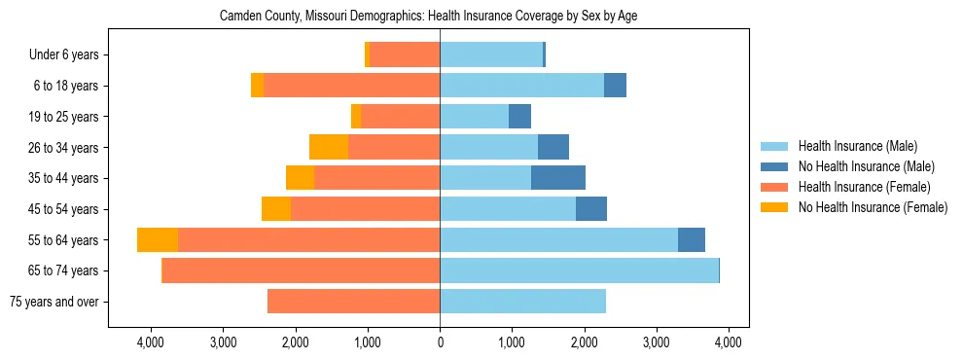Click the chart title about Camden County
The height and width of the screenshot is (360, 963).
point(428,17)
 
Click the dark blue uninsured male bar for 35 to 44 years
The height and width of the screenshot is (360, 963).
point(558,178)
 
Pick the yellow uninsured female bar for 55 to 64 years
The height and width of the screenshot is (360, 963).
point(158,240)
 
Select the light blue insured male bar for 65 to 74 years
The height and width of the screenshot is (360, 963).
point(579,270)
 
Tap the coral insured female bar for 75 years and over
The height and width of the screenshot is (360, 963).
point(353,302)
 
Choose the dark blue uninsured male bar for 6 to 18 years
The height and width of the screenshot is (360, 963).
point(615,86)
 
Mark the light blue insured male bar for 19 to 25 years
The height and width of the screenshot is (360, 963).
point(474,117)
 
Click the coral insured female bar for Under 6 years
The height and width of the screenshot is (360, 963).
point(405,55)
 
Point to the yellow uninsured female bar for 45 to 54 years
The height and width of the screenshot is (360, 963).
point(276,209)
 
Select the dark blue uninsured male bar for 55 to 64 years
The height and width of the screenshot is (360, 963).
point(692,240)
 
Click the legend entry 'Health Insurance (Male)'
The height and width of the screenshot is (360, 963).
point(857,146)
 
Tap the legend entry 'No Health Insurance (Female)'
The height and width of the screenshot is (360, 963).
point(872,207)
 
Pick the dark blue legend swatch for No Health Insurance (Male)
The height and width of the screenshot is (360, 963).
point(774,166)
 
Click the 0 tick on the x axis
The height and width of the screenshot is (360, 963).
point(440,342)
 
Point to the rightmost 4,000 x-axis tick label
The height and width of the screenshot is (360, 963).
point(729,342)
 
